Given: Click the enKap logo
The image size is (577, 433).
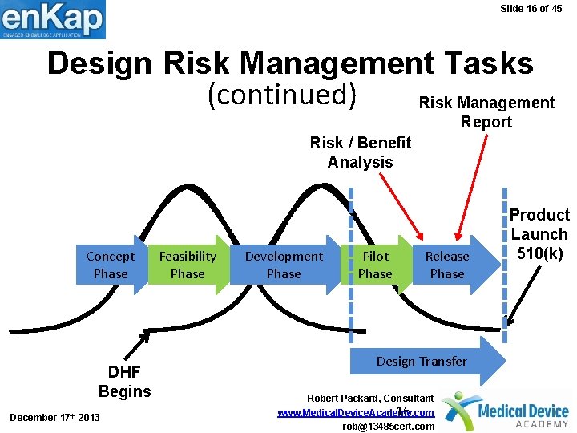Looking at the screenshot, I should point(53,19).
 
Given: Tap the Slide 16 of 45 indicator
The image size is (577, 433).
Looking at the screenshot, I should point(531,9).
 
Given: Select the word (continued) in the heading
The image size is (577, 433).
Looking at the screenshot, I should point(282,95).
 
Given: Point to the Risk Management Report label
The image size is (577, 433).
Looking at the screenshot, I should point(486,112).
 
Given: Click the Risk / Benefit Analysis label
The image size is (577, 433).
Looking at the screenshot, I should point(360,152).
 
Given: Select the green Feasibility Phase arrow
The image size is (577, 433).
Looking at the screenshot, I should point(188,265).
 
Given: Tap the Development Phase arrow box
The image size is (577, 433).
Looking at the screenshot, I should point(284,265).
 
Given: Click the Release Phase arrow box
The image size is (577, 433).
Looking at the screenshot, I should point(447,265).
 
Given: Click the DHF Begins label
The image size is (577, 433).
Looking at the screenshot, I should point(124,382).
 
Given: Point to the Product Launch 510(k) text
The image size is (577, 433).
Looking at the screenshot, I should point(539,234).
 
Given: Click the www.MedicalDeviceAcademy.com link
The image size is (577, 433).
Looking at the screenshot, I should point(355,412).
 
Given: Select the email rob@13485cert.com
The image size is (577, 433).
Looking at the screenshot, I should point(388,427).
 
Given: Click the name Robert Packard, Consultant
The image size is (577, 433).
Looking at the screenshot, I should point(371,399).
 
